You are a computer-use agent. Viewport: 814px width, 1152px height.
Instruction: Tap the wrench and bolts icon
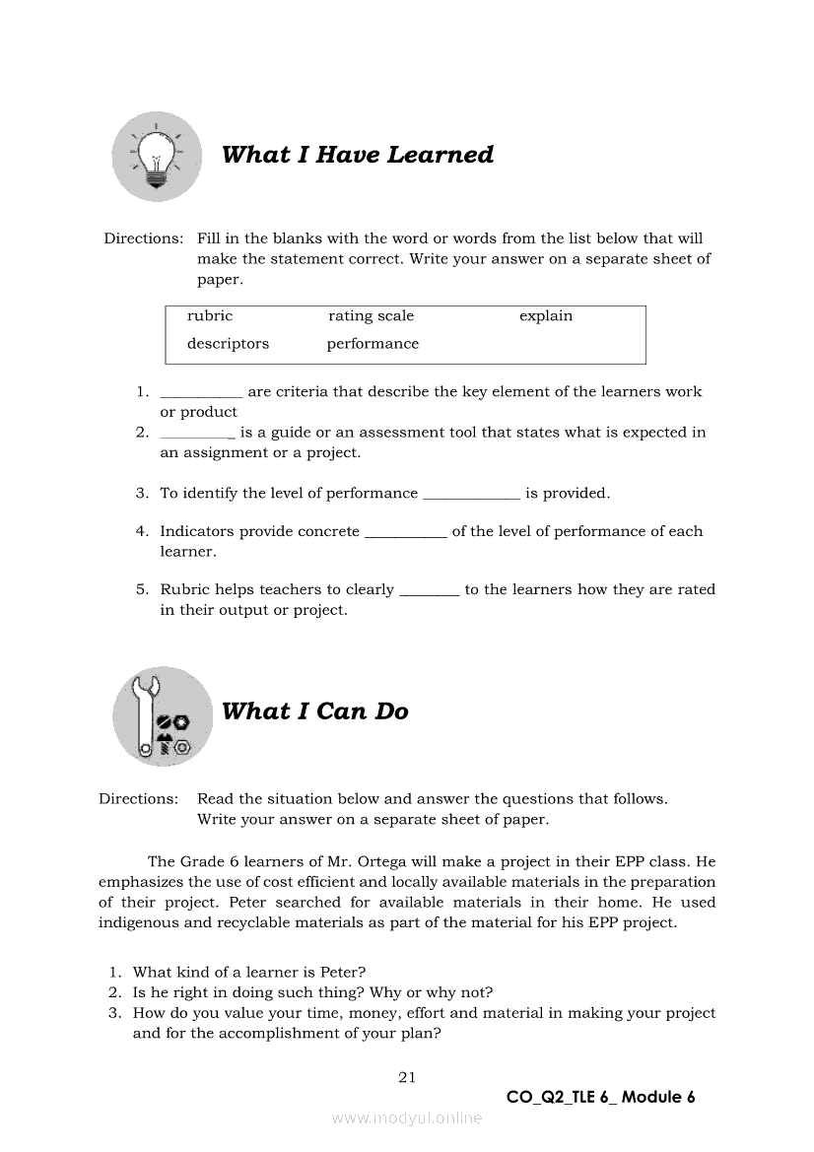(163, 716)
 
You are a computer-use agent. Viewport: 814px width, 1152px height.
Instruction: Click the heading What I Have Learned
(358, 155)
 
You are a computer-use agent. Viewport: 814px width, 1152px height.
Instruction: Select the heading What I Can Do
(315, 712)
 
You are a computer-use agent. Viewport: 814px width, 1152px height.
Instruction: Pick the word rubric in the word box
(210, 316)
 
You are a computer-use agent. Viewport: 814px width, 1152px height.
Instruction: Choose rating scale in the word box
(371, 316)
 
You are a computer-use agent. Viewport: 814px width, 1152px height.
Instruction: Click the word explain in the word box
(546, 316)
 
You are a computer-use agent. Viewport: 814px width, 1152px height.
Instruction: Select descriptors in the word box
(228, 344)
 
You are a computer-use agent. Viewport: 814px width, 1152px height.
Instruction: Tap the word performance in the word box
(373, 344)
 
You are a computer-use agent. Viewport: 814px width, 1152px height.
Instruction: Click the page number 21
(407, 1077)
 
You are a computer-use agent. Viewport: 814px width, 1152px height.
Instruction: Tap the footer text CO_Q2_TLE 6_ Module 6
(600, 1098)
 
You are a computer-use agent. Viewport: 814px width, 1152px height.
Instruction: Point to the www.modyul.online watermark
(407, 1118)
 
